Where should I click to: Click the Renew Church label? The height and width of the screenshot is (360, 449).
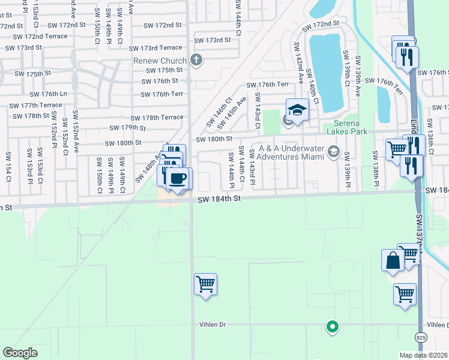pos(160,61)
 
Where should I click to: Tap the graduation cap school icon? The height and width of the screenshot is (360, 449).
pos(297,110)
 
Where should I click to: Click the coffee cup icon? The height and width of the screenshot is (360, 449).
pos(178,178)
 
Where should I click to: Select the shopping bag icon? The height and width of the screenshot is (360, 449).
pos(393,260)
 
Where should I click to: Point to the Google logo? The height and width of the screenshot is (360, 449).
pos(20,353)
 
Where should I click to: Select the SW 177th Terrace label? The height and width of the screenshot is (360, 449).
pos(36,105)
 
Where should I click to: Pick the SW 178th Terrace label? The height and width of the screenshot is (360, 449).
pos(157,118)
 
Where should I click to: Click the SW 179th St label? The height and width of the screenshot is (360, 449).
pos(128,128)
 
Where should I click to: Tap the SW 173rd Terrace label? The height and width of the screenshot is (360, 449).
pos(160,47)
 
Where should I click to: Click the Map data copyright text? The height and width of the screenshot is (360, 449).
pos(424,355)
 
